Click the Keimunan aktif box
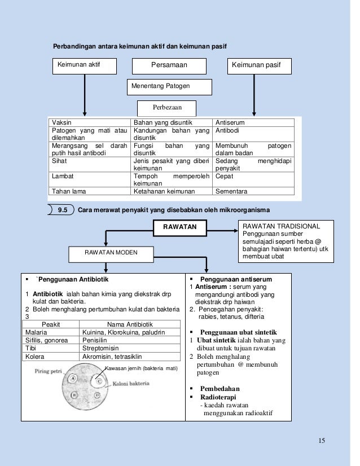pyautogui.click(x=85, y=66)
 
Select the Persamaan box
pyautogui.click(x=169, y=66)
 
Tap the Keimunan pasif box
pyautogui.click(x=259, y=66)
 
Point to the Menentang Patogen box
pyautogui.click(x=169, y=87)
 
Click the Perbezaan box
pyautogui.click(x=167, y=108)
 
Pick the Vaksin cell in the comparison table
pyautogui.click(x=90, y=122)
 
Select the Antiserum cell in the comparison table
pyautogui.click(x=253, y=122)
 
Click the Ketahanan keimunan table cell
pyautogui.click(x=172, y=191)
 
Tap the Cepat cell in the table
pyautogui.click(x=253, y=179)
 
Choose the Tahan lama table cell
pyautogui.click(x=90, y=191)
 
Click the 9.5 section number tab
pyautogui.click(x=61, y=210)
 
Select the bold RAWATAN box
pyautogui.click(x=180, y=228)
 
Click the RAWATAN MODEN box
pyautogui.click(x=111, y=254)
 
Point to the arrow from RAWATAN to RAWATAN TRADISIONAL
pyautogui.click(x=222, y=231)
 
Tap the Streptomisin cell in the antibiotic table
pyautogui.click(x=130, y=348)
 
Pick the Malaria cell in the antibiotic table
pyautogui.click(x=51, y=332)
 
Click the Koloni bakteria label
pyautogui.click(x=131, y=384)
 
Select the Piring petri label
pyautogui.click(x=48, y=371)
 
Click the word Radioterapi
pyautogui.click(x=218, y=397)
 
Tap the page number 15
pyautogui.click(x=322, y=441)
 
